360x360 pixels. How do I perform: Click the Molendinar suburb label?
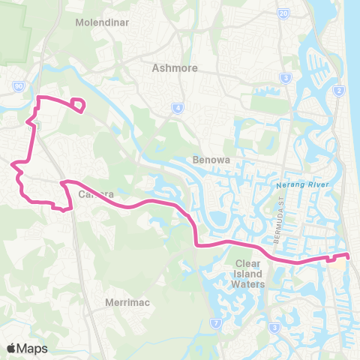tap(103, 22)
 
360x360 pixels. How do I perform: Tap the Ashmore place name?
tap(174, 68)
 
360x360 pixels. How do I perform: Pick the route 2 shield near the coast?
tap(339, 91)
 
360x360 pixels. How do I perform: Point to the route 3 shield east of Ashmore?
tap(285, 78)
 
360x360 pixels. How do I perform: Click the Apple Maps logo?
tap(27, 348)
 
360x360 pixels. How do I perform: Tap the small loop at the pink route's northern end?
tap(76, 105)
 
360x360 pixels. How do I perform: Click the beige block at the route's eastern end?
tap(341, 263)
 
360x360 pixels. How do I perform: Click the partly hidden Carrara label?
tap(95, 194)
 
